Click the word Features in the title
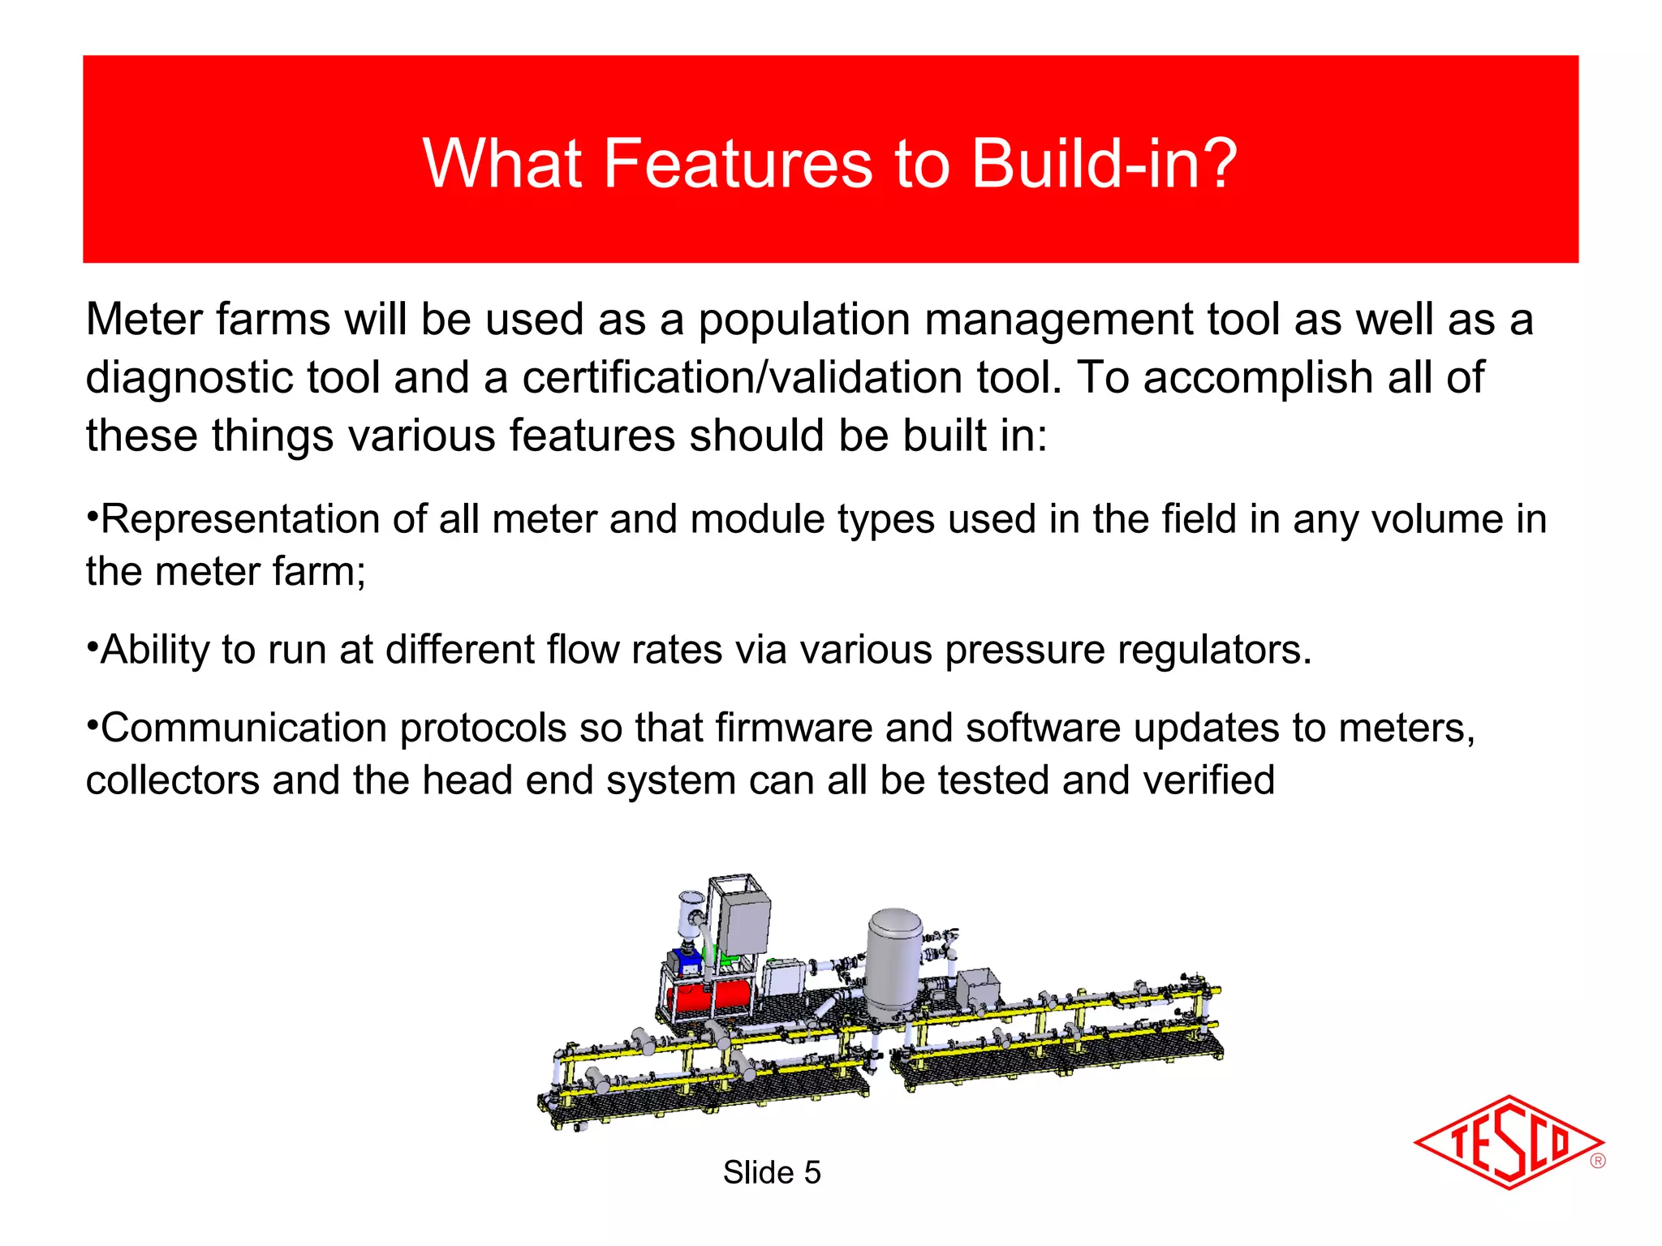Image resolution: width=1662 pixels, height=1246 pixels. [x=737, y=164]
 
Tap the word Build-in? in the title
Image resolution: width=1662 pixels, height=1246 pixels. [x=1104, y=164]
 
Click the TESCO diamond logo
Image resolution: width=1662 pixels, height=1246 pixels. [x=1508, y=1142]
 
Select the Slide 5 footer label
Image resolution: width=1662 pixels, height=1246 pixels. [x=772, y=1173]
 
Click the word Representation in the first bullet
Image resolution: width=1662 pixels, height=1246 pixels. [x=239, y=520]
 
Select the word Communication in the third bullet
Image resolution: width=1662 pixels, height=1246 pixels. [x=243, y=728]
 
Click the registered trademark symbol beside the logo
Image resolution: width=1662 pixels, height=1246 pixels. [x=1598, y=1161]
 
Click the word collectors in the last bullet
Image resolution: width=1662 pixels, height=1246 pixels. [x=172, y=780]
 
